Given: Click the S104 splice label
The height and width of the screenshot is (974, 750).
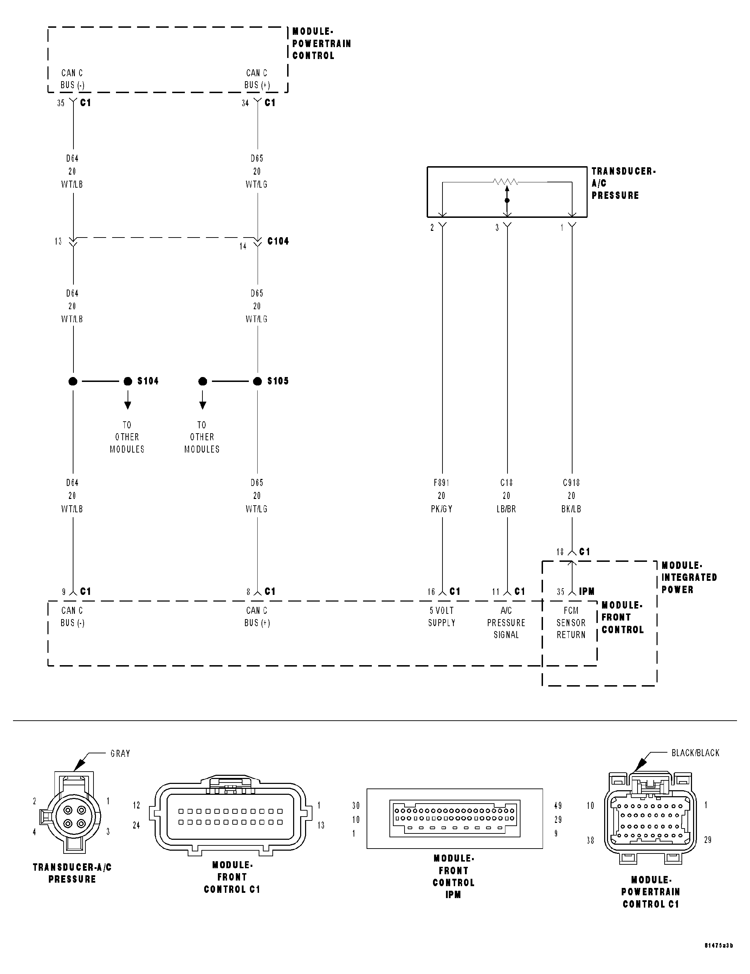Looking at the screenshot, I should point(148,381).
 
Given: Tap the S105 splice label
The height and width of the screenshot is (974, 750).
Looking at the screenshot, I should point(278,381).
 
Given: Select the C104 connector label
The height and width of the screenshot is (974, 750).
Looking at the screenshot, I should point(278,241).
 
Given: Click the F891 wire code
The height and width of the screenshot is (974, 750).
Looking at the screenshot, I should point(441,482).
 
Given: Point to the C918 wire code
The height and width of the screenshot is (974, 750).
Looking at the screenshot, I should point(571,482).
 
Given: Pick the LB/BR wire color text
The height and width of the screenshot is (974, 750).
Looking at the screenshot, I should point(506,509).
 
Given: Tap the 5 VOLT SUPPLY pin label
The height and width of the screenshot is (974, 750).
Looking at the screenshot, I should point(441,616).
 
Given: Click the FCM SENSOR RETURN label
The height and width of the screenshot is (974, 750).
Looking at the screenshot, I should point(571,623).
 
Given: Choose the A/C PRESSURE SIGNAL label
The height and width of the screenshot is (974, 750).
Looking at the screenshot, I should point(506,623).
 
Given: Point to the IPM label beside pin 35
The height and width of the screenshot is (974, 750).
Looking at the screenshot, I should point(587,591).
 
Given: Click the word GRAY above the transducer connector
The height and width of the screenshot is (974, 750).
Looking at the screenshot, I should point(120,753).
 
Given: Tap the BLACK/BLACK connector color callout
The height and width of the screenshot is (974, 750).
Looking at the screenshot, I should point(695,753).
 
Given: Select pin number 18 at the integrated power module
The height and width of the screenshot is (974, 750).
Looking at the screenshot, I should point(560,552).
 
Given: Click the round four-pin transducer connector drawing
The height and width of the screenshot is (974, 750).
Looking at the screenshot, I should point(72,817).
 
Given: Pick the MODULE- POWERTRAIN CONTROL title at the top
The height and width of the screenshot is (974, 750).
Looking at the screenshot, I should point(321,43).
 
